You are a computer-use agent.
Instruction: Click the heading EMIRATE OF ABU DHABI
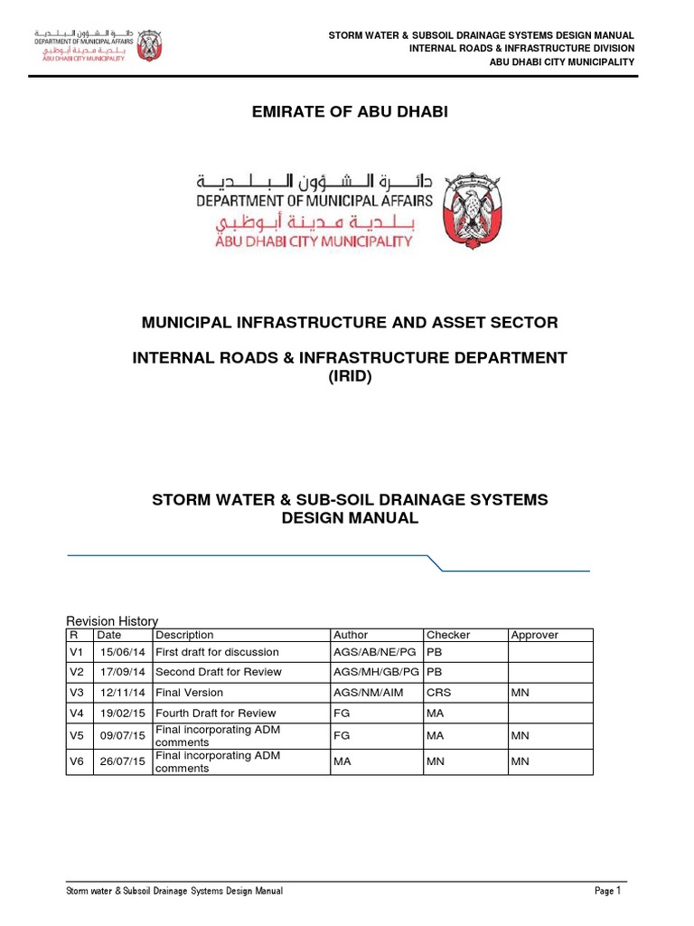(x=348, y=111)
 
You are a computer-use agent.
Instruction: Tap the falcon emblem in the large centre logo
(x=473, y=207)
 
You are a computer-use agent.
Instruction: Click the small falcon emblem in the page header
(x=147, y=43)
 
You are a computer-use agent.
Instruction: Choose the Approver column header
(x=535, y=635)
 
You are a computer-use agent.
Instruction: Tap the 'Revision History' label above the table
(x=113, y=620)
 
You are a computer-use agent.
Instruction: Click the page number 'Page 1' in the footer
(x=608, y=891)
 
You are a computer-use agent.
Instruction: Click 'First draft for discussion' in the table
(x=217, y=652)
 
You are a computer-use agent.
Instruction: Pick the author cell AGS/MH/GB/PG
(x=376, y=673)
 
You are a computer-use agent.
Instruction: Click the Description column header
(x=184, y=635)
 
